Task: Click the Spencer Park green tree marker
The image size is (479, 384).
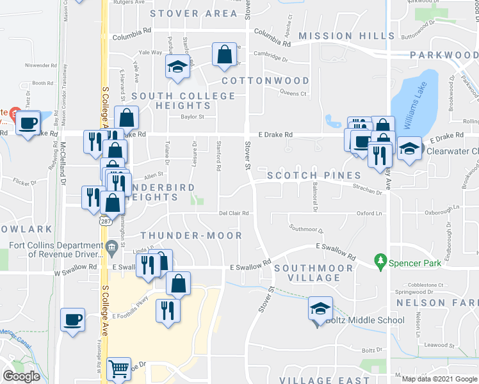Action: pyautogui.click(x=382, y=261)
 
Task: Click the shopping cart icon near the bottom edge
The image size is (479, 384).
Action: pyautogui.click(x=119, y=369)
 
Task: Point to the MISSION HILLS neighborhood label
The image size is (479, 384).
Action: pyautogui.click(x=346, y=36)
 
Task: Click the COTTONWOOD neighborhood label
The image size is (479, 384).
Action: pyautogui.click(x=266, y=81)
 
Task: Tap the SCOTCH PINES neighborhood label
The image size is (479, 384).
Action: pyautogui.click(x=310, y=175)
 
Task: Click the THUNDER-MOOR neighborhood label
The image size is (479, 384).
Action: pyautogui.click(x=191, y=236)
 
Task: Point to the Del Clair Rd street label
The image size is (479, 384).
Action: pyautogui.click(x=233, y=214)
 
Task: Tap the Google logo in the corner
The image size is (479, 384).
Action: pyautogui.click(x=21, y=376)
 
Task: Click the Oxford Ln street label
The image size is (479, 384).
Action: pyautogui.click(x=369, y=214)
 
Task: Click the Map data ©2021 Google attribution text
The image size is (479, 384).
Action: pyautogui.click(x=439, y=378)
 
